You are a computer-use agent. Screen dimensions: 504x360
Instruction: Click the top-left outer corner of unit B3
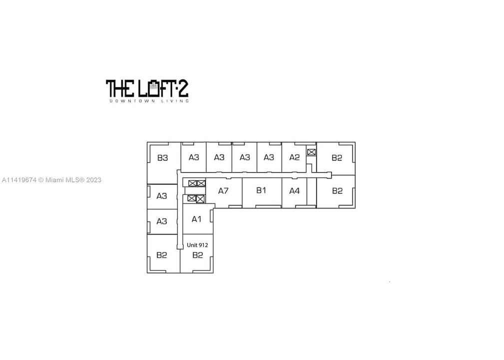click(147, 142)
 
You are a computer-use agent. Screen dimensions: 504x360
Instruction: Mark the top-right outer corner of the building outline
click(355, 142)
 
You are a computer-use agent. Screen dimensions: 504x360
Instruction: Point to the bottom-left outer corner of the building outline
click(147, 273)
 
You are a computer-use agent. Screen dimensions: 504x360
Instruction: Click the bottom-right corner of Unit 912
click(213, 273)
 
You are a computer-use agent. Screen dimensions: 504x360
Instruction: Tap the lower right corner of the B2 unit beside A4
click(355, 208)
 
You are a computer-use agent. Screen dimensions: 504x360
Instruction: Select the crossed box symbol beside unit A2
click(311, 152)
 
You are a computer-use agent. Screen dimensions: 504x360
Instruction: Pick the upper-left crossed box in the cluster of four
click(192, 183)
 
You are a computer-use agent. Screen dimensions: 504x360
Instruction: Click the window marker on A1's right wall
click(211, 216)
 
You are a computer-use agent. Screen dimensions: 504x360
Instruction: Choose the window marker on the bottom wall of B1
click(268, 206)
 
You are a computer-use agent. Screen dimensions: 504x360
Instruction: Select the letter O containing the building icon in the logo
click(154, 88)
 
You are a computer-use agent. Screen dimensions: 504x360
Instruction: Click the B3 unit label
click(163, 158)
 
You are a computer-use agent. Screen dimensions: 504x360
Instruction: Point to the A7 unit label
click(223, 191)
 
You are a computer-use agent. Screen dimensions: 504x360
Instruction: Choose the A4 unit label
click(294, 191)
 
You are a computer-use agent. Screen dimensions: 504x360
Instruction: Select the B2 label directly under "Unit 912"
click(197, 255)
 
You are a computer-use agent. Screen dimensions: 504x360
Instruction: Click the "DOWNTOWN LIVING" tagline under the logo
click(149, 101)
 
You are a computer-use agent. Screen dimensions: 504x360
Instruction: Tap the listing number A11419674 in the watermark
click(19, 180)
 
